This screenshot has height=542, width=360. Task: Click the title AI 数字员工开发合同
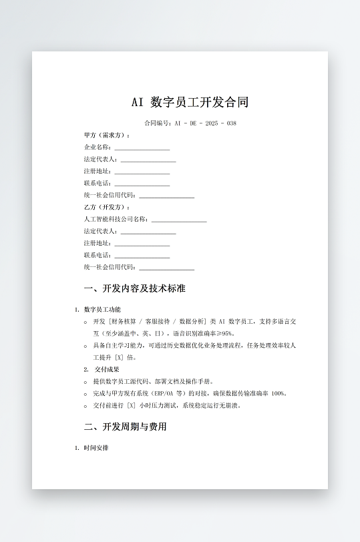tap(190, 102)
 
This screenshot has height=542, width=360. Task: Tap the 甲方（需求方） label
tap(107, 135)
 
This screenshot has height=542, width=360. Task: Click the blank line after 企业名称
tap(142, 148)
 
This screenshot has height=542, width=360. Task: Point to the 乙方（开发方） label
tap(107, 208)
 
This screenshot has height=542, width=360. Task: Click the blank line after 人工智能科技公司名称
tap(178, 220)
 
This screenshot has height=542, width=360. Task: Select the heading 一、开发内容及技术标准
tap(134, 289)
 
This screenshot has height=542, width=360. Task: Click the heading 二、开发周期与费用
tap(125, 427)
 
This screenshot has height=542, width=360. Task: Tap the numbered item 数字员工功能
tap(102, 310)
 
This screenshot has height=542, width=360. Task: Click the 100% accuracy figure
tap(279, 394)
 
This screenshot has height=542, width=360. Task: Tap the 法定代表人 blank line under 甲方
tap(148, 160)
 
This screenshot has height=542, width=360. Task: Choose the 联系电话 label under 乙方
tap(98, 256)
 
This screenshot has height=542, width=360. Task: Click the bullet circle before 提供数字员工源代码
tap(86, 382)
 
